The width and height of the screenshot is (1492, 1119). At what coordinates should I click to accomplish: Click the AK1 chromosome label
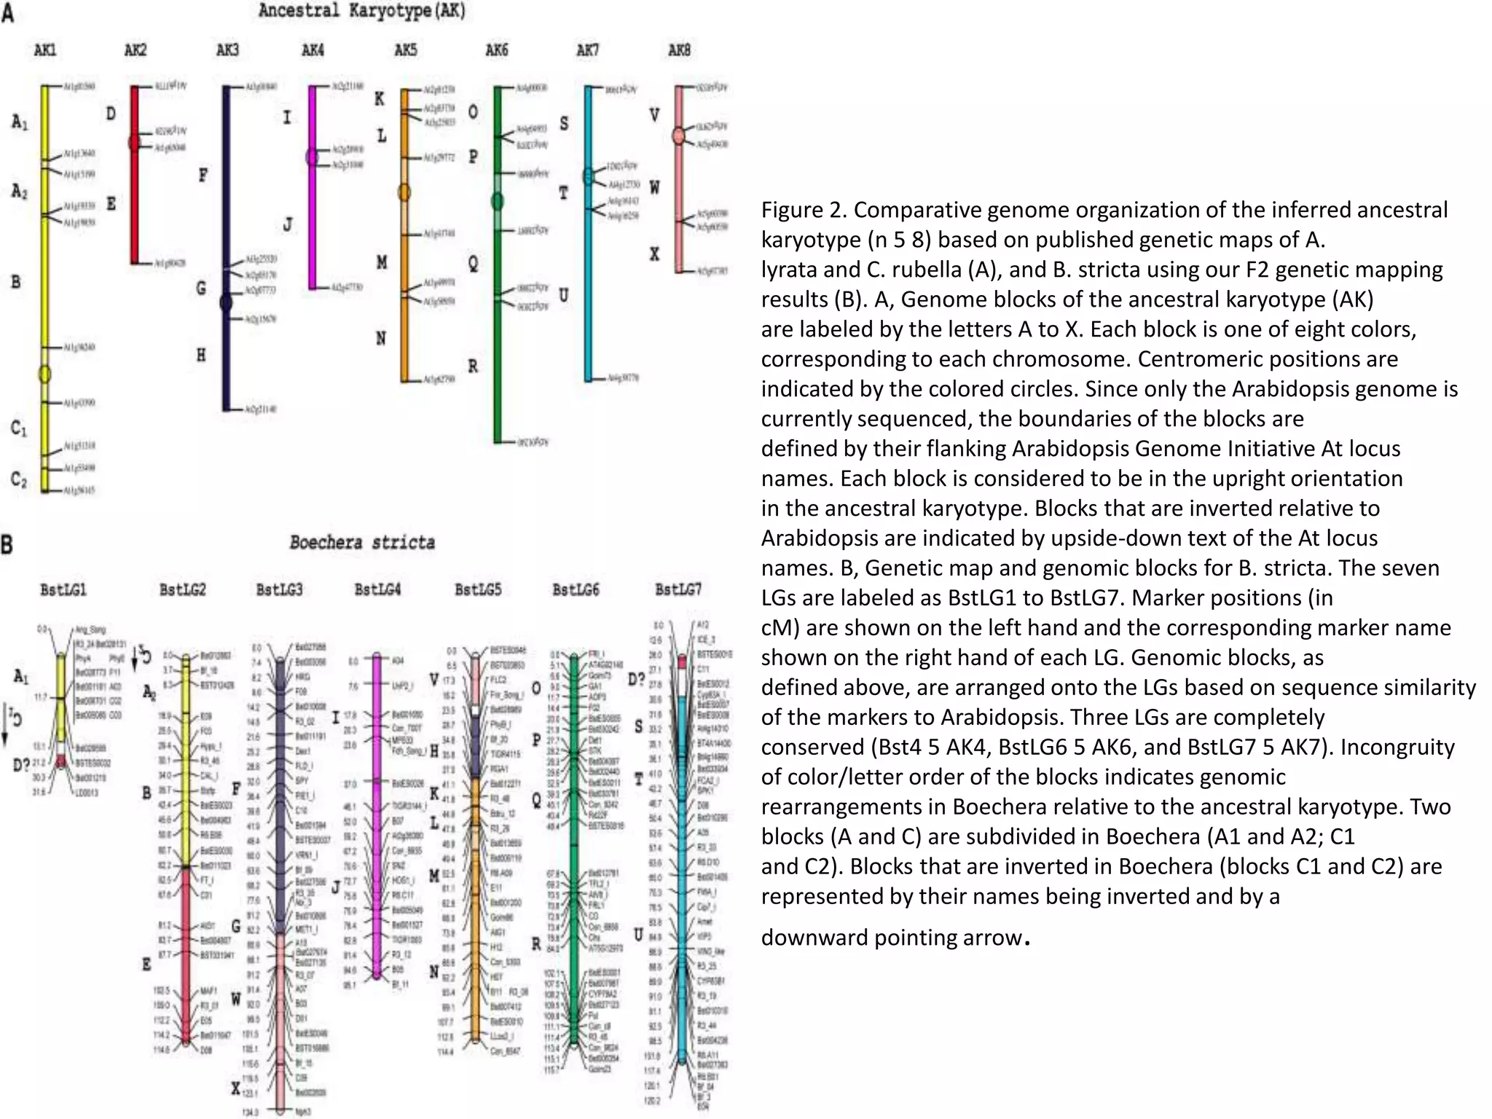[x=45, y=50]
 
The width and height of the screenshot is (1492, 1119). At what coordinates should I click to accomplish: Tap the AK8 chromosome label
[x=679, y=50]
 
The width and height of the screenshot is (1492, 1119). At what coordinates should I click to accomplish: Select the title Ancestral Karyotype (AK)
[x=362, y=11]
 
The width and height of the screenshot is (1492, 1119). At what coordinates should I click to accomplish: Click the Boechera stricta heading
[x=362, y=543]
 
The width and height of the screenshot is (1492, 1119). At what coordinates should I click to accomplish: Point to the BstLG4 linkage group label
[x=377, y=589]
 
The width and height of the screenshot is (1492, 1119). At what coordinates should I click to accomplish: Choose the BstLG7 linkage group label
[x=678, y=589]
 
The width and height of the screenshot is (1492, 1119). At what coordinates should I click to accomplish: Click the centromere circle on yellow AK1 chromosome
[x=44, y=374]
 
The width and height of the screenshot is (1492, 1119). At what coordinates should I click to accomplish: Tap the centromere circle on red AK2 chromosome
[x=134, y=142]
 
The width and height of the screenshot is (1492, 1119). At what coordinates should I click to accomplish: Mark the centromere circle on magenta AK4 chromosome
[x=312, y=157]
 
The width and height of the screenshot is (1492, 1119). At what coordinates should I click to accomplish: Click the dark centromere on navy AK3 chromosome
[x=226, y=302]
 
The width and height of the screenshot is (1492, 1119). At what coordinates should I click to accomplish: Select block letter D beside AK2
[x=111, y=114]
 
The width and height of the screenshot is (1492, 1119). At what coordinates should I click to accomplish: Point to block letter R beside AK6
[x=474, y=366]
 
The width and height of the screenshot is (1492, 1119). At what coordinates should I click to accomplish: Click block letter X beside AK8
[x=655, y=254]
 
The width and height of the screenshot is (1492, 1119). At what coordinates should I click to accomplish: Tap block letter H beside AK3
[x=201, y=355]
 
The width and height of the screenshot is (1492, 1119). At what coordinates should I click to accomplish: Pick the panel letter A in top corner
[x=7, y=12]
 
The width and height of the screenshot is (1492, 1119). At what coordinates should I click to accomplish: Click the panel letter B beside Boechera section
[x=7, y=544]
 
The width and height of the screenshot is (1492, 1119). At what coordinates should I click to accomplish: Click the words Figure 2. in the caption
[x=803, y=210]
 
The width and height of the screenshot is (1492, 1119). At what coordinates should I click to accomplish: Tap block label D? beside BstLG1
[x=22, y=765]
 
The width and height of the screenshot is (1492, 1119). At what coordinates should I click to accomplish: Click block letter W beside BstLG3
[x=236, y=999]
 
